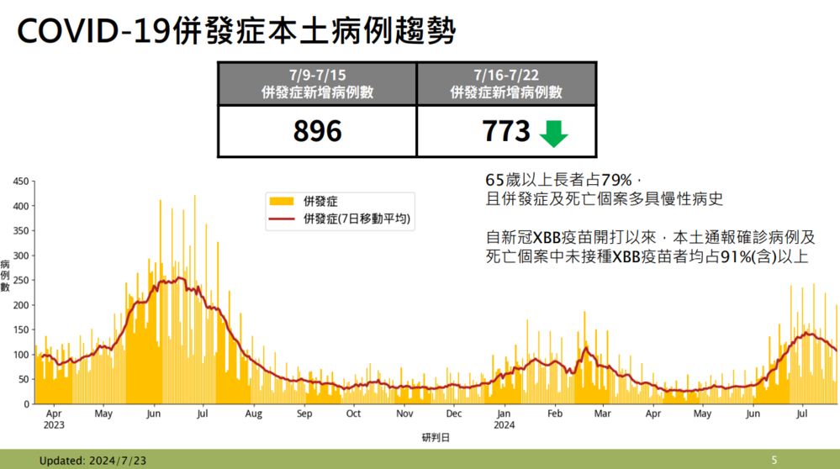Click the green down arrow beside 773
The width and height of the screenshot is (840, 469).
tap(553, 133)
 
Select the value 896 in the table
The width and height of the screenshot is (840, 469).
tap(317, 132)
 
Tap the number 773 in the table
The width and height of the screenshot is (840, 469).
tap(506, 132)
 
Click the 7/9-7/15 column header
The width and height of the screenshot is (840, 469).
tap(317, 84)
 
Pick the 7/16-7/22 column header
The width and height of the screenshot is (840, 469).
tap(506, 84)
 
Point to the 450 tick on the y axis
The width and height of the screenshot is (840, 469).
tap(21, 181)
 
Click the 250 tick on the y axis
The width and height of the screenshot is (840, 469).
tap(21, 280)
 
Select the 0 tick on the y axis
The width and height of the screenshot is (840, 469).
tap(26, 404)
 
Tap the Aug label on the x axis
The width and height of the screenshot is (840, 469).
tap(254, 414)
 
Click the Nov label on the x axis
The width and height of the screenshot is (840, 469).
tap(404, 414)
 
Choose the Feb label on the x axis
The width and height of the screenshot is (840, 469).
tap(554, 414)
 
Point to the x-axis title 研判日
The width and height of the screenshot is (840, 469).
tap(435, 438)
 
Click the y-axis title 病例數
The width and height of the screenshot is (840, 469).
tap(6, 275)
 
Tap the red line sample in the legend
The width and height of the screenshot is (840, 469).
tap(281, 219)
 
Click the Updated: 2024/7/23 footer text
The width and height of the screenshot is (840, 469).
tap(92, 460)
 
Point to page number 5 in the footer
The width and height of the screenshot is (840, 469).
tap(774, 460)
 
